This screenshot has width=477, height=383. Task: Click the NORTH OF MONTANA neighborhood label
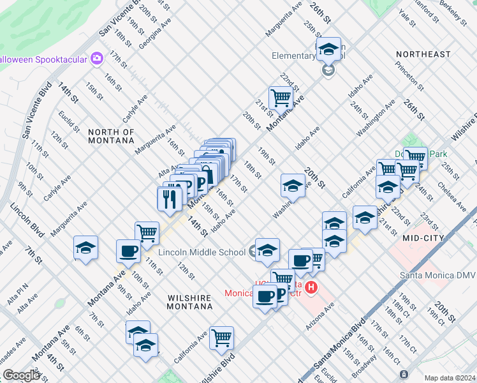(112, 137)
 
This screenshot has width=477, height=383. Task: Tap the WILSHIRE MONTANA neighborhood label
(180, 302)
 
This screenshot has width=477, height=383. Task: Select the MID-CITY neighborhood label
(423, 237)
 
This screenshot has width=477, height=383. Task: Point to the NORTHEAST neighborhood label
(423, 54)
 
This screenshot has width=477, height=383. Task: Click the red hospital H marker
(311, 288)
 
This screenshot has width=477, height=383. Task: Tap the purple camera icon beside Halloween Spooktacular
(97, 59)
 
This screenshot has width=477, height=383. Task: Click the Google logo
(21, 375)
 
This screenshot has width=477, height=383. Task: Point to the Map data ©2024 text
(449, 378)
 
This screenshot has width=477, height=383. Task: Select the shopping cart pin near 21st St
(280, 98)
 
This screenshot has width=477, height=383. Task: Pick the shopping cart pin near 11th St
(147, 232)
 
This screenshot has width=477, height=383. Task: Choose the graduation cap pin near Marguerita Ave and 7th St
(85, 247)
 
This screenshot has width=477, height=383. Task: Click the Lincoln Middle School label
(202, 252)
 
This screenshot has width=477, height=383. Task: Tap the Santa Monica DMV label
(437, 275)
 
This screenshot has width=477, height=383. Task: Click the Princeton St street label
(409, 75)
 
